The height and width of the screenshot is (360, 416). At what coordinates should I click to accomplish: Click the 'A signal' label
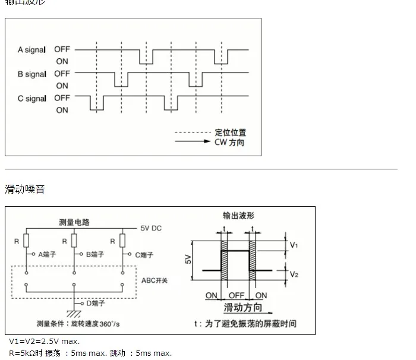pyautogui.click(x=31, y=50)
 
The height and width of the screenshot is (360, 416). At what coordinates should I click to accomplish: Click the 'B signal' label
pyautogui.click(x=31, y=74)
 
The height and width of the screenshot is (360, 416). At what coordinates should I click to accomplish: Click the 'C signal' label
pyautogui.click(x=31, y=99)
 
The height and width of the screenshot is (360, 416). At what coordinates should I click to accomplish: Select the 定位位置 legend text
pyautogui.click(x=230, y=132)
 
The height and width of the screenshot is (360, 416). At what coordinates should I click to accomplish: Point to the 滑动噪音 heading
pyautogui.click(x=24, y=190)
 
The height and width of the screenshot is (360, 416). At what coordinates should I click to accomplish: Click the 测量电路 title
pyautogui.click(x=74, y=222)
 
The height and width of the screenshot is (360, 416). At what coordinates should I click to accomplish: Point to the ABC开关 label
pyautogui.click(x=155, y=280)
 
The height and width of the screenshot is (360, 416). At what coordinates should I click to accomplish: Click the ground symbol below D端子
pyautogui.click(x=74, y=313)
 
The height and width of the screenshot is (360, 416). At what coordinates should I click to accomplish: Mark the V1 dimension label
pyautogui.click(x=294, y=244)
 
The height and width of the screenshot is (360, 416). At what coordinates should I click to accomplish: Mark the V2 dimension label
pyautogui.click(x=294, y=274)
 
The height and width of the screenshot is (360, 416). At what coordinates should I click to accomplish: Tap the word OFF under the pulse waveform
pyautogui.click(x=238, y=296)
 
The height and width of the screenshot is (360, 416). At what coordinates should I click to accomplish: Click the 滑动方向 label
pyautogui.click(x=242, y=308)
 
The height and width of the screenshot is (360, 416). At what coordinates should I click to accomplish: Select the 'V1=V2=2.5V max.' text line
pyautogui.click(x=44, y=342)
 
